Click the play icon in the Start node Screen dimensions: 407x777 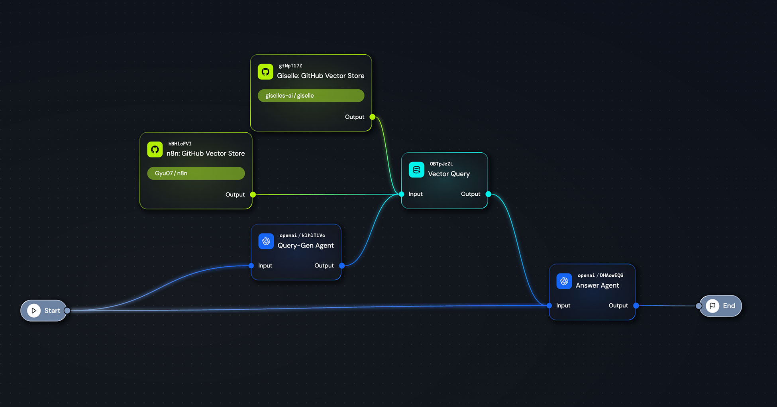[34, 311]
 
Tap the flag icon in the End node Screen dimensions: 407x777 [712, 306]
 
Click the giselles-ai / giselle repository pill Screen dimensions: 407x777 [311, 96]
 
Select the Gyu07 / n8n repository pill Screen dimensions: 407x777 [196, 173]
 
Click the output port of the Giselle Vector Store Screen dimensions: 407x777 [372, 117]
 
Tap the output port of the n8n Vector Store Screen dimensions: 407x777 [253, 195]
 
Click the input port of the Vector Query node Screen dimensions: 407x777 [401, 194]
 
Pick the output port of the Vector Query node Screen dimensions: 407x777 [488, 194]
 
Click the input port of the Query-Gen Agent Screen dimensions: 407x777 [251, 265]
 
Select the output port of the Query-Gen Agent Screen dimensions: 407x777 [341, 265]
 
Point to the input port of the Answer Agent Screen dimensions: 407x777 [549, 305]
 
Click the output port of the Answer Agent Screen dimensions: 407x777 [636, 305]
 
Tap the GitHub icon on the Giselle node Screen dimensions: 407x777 [265, 72]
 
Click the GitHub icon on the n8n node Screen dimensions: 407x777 [155, 149]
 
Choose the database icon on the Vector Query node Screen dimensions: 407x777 [416, 170]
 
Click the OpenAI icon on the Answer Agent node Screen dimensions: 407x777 [564, 281]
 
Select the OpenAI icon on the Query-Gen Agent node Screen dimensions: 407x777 [266, 241]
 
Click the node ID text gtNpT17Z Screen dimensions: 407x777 [290, 66]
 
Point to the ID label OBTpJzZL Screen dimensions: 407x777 [441, 164]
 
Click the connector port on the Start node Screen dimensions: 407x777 [67, 311]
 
